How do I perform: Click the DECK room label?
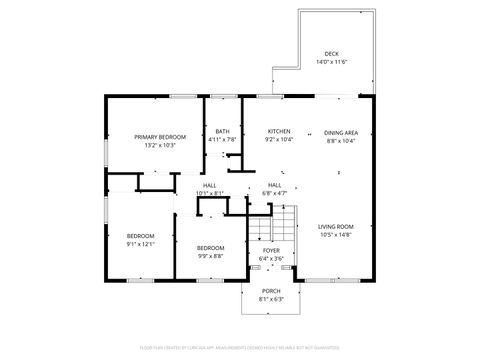tap(330, 53)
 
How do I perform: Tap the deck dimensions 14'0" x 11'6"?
tap(330, 62)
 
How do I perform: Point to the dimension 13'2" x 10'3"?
tap(159, 145)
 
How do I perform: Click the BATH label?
tap(222, 131)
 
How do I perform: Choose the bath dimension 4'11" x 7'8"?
tap(222, 140)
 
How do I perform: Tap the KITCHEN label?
tap(279, 131)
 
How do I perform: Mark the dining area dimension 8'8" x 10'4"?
tap(340, 141)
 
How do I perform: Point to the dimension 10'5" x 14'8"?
tap(336, 235)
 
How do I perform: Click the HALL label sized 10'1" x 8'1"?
tap(210, 185)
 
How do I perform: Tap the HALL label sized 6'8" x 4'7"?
tap(273, 185)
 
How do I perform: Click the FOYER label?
tap(272, 250)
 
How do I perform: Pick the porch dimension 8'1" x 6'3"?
tap(271, 299)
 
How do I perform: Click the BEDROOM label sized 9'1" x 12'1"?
tap(140, 235)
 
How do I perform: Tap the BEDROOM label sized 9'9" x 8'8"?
tap(210, 247)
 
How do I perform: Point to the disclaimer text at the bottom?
tap(240, 349)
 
